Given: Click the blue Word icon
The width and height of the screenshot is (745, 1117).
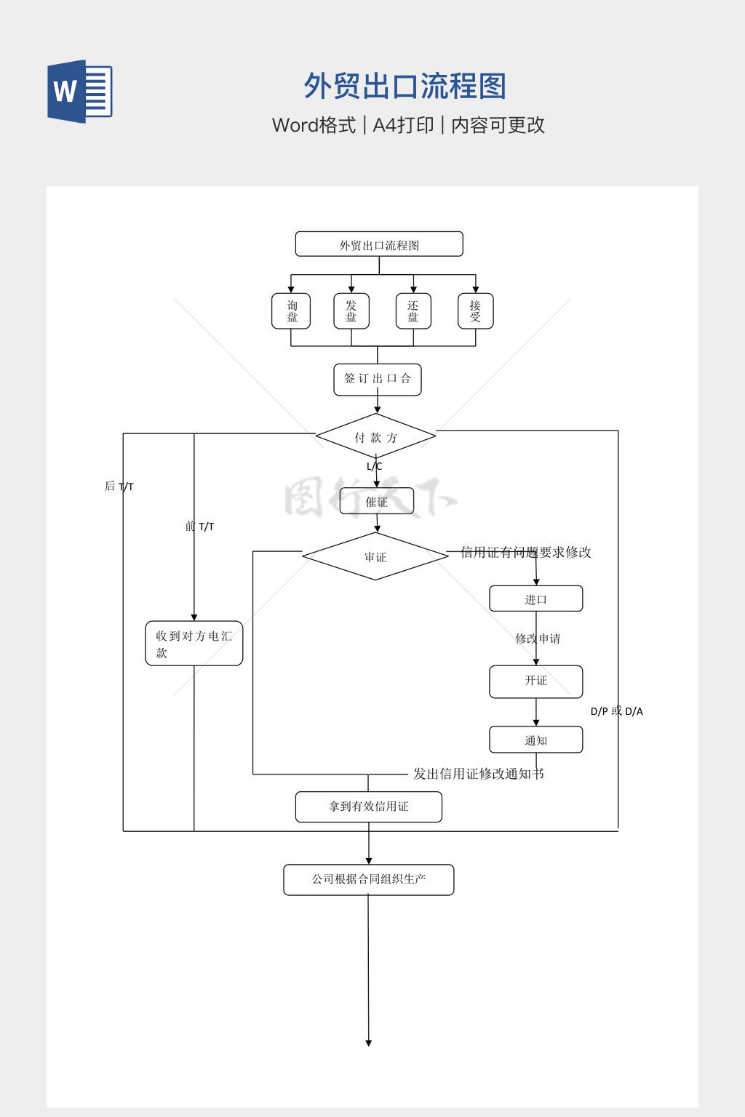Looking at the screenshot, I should [80, 92].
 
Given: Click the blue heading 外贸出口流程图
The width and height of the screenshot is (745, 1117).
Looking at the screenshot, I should [405, 87].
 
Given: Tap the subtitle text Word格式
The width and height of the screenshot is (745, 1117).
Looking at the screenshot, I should [314, 125].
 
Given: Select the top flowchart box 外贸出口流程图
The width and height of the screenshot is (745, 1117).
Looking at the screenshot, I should [379, 244].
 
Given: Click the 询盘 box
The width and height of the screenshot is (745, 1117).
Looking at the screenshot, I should [291, 311].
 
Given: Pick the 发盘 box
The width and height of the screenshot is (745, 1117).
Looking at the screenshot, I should [351, 311].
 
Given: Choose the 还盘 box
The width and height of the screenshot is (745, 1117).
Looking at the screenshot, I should [413, 311].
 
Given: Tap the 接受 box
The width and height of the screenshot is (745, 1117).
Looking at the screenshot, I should [475, 311].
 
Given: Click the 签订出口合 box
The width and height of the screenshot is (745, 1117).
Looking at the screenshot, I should [377, 379].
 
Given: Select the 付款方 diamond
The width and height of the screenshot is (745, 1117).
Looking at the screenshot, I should [375, 437].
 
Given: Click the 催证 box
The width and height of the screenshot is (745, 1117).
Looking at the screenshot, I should [376, 501].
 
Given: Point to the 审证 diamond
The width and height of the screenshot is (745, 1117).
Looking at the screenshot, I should [375, 557].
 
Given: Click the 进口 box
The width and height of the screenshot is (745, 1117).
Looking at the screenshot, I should [535, 598].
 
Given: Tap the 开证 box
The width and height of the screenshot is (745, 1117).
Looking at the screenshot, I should [535, 681].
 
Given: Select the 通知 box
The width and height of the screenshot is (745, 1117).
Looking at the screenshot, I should [535, 740].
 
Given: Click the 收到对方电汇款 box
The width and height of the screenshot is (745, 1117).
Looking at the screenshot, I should [194, 644].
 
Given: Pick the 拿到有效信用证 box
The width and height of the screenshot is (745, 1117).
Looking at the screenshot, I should [368, 806].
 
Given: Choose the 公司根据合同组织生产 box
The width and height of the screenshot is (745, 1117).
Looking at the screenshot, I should [368, 879].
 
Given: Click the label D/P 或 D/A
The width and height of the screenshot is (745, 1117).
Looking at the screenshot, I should [616, 711].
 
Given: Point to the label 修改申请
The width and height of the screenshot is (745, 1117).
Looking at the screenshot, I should [538, 638].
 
